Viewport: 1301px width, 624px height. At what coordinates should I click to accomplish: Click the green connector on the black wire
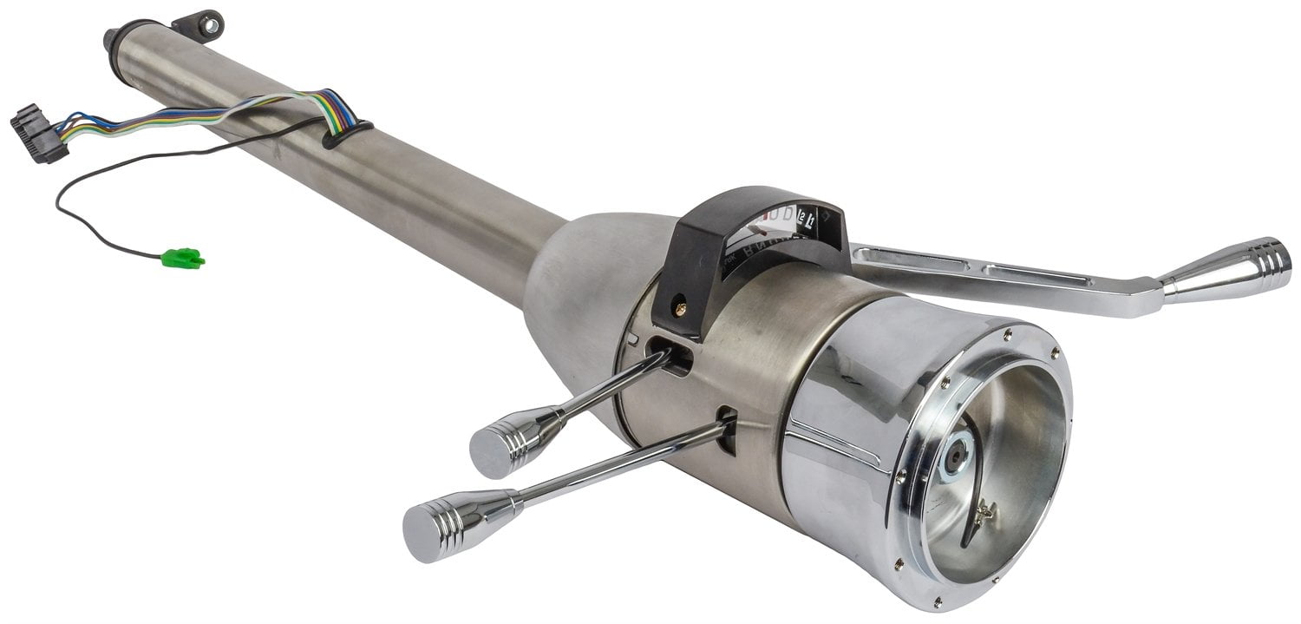tap(183, 258)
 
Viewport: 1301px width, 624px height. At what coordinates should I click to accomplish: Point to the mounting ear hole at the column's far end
tap(208, 25)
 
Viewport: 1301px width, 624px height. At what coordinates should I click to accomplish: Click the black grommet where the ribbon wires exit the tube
tap(347, 134)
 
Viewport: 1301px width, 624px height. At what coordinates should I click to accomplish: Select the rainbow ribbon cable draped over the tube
tap(260, 108)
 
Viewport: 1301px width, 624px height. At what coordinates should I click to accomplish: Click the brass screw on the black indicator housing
tap(679, 305)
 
